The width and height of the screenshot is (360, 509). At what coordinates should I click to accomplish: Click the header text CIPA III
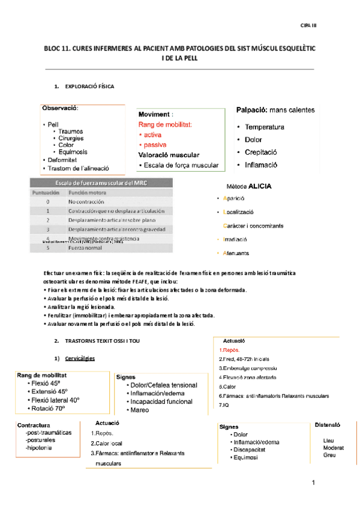[x=308, y=25]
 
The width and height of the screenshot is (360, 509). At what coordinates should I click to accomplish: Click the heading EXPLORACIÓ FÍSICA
[x=90, y=87]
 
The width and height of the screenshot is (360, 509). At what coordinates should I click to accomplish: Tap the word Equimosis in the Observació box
[x=74, y=152]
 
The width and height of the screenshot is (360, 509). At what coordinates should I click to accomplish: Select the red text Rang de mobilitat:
[x=165, y=124]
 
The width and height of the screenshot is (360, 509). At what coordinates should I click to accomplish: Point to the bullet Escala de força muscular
[x=178, y=165]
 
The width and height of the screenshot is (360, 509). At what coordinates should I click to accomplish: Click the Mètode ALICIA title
[x=249, y=186]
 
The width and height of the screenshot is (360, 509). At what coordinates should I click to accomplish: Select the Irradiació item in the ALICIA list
[x=236, y=239]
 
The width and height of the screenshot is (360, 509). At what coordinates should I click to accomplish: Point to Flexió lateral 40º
[x=57, y=400]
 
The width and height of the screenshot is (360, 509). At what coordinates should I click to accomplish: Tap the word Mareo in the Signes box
[x=140, y=410]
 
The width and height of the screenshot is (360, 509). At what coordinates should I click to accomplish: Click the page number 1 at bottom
[x=313, y=483]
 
